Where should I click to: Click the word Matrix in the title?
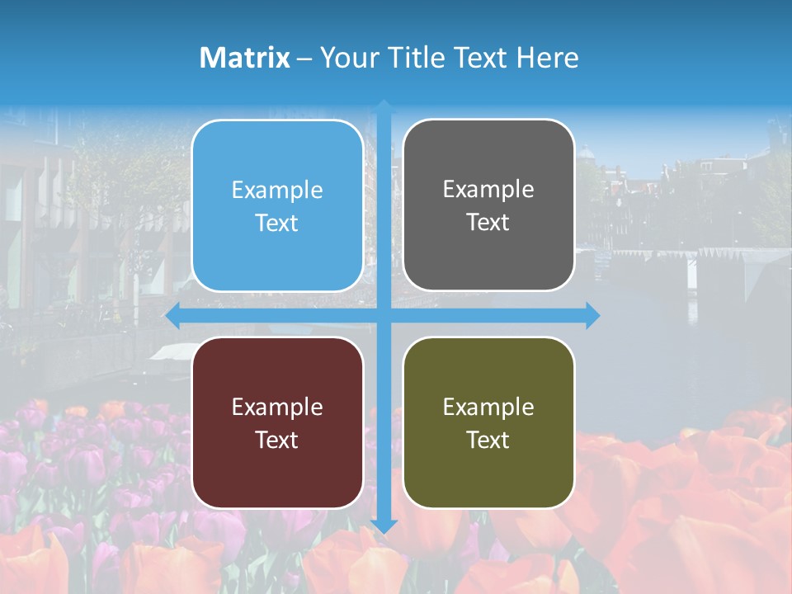(244, 58)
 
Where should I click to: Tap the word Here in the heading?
(547, 58)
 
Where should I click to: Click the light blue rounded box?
(277, 206)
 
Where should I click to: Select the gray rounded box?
(488, 205)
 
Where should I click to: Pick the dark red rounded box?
(277, 422)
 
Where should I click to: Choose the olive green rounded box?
(488, 422)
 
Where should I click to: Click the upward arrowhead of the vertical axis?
(384, 106)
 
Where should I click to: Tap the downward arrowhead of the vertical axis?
(384, 526)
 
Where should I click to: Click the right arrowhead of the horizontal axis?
(592, 315)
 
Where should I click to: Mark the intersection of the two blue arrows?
(384, 315)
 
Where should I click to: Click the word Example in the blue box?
(277, 191)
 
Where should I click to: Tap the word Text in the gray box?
(488, 223)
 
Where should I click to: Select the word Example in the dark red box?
(277, 407)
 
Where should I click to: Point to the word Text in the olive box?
(488, 441)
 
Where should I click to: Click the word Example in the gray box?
(488, 190)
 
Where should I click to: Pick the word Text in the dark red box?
(277, 441)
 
